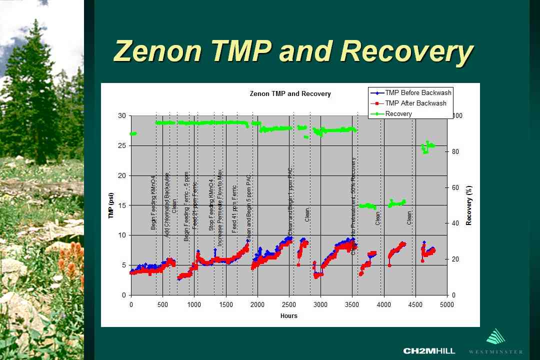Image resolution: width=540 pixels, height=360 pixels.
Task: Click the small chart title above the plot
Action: click(x=290, y=93)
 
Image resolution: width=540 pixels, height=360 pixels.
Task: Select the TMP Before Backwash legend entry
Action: click(x=418, y=92)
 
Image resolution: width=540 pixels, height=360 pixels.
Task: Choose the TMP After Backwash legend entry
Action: click(x=415, y=103)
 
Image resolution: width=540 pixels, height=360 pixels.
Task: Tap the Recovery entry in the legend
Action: click(x=398, y=113)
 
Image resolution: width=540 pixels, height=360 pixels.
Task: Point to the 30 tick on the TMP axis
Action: click(x=121, y=115)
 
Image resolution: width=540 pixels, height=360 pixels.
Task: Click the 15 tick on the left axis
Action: click(x=121, y=205)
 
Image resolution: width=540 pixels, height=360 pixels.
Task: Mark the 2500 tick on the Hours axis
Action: click(x=289, y=305)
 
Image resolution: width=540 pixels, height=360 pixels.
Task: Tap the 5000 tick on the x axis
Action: click(x=447, y=305)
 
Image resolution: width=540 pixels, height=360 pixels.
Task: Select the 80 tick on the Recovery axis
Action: click(x=455, y=151)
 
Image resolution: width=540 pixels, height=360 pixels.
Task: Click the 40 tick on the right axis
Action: click(x=455, y=223)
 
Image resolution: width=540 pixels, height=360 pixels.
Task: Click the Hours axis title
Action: click(x=289, y=315)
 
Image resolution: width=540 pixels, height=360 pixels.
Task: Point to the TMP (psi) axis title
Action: click(x=111, y=205)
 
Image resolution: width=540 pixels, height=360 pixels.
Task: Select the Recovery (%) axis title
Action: click(x=469, y=205)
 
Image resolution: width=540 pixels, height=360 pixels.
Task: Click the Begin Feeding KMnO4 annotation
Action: click(x=153, y=202)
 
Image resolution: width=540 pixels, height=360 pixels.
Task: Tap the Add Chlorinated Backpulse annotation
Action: click(x=167, y=205)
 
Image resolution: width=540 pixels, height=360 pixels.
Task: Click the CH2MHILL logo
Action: click(x=429, y=350)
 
